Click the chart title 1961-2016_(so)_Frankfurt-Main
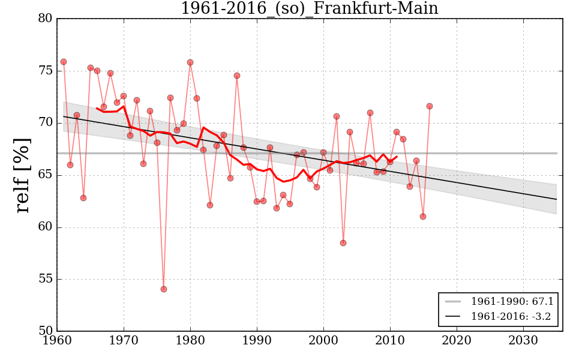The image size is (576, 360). click(x=310, y=8)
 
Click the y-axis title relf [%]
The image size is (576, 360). click(x=22, y=175)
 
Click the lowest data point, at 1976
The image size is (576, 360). click(x=164, y=289)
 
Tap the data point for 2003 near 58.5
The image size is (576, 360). click(x=343, y=243)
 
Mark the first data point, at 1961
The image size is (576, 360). click(x=64, y=62)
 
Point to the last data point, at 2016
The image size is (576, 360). click(x=430, y=106)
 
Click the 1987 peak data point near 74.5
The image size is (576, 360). click(x=237, y=76)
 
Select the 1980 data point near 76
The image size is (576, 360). click(x=190, y=62)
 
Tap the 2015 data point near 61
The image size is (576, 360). click(x=423, y=217)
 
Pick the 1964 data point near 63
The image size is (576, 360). click(x=83, y=198)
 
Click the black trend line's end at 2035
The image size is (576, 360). click(x=556, y=199)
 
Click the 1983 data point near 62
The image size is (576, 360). click(x=210, y=205)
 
